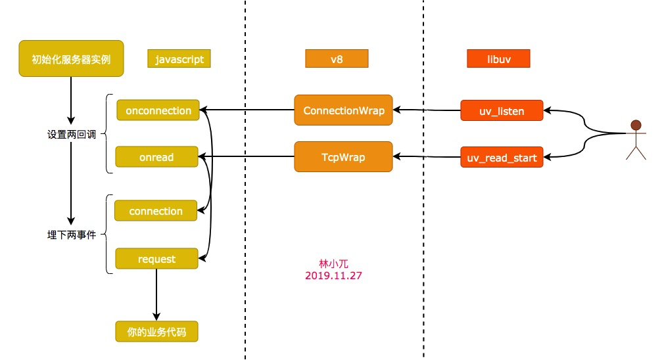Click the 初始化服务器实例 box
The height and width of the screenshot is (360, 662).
(70, 59)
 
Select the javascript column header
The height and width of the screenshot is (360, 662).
(179, 59)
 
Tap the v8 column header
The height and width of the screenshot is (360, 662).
(337, 59)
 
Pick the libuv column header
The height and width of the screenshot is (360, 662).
(498, 59)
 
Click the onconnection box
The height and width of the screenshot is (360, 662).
(158, 110)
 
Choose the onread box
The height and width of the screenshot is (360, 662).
(156, 158)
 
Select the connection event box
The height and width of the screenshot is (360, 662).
(156, 211)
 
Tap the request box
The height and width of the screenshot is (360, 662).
(156, 259)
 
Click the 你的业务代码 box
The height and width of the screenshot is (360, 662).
(156, 332)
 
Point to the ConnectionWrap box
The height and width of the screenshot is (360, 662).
(343, 110)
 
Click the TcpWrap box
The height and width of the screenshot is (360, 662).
(343, 158)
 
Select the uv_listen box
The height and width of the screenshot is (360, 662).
(502, 111)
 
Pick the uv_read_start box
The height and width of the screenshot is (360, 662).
(502, 158)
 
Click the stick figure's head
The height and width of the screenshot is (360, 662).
(635, 125)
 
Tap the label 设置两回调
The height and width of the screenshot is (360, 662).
(72, 134)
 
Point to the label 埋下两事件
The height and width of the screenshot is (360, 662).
(72, 235)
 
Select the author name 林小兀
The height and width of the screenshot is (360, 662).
(333, 263)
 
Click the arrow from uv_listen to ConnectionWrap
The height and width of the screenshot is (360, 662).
(427, 110)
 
